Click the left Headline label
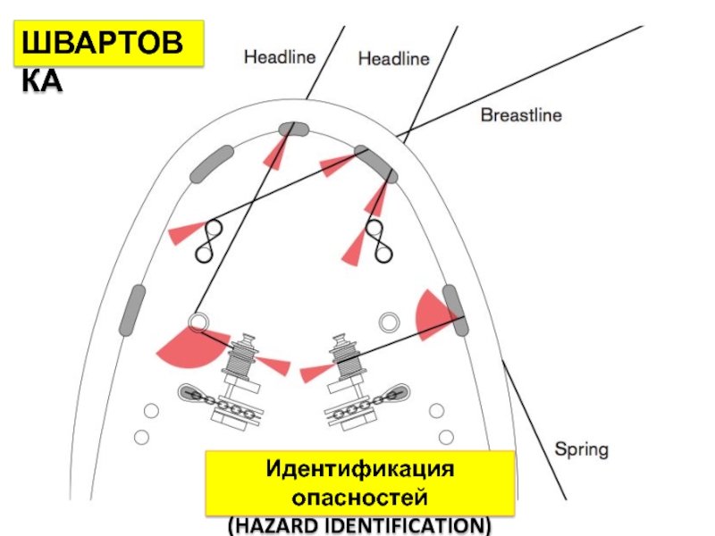280,57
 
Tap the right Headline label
393,59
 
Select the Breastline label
521,115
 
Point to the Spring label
582,448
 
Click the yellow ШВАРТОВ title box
108,46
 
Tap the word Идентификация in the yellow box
360,470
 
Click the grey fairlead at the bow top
292,130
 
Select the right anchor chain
366,402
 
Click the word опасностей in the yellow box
360,496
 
